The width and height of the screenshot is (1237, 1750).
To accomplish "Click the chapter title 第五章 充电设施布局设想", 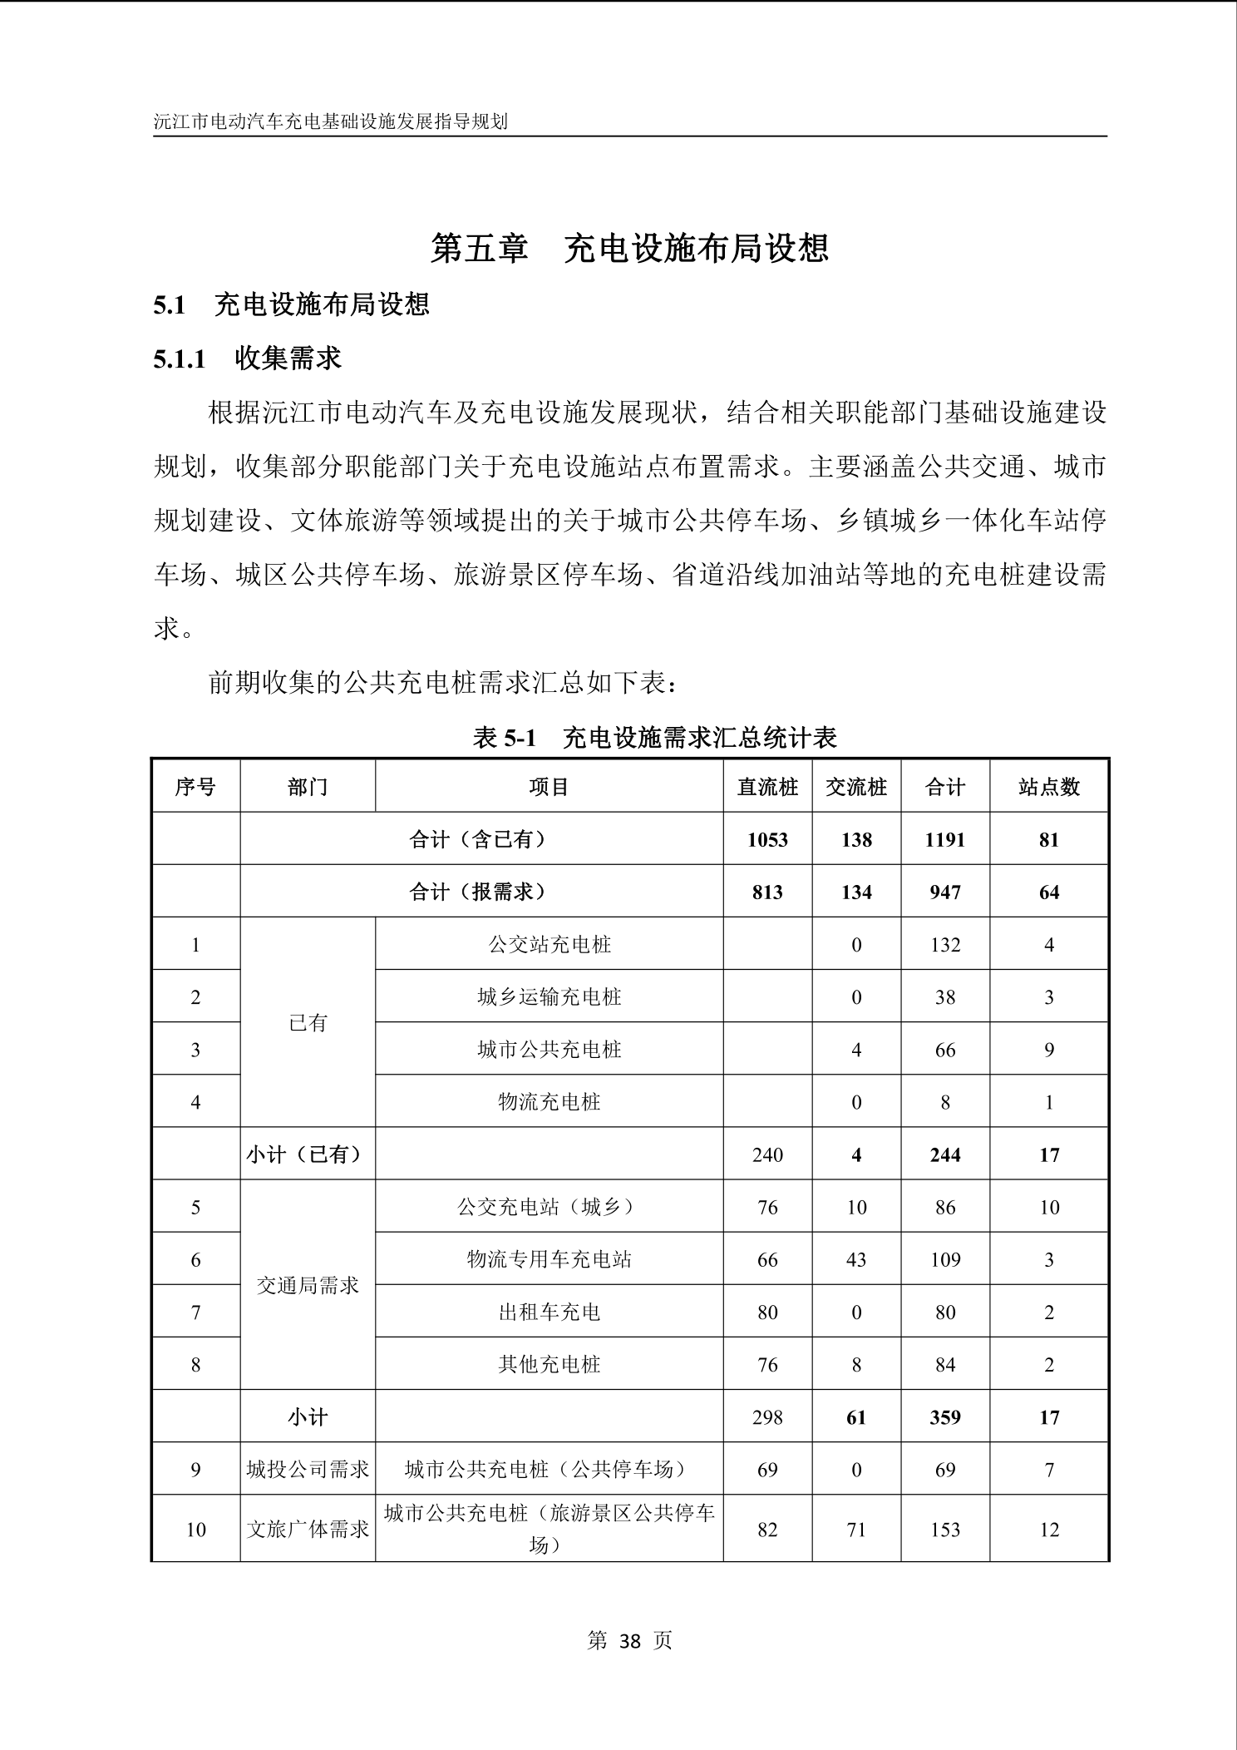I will pos(629,248).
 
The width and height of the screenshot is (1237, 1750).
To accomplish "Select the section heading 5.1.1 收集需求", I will pos(247,358).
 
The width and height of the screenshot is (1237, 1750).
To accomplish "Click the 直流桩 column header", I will pos(766,787).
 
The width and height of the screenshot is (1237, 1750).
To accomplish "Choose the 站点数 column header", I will pos(1048,787).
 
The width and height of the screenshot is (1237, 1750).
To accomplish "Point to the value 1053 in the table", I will pos(766,839).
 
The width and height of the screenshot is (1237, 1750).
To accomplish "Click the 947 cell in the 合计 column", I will pos(944,892).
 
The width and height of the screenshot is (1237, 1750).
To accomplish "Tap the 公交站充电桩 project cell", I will pos(549,944).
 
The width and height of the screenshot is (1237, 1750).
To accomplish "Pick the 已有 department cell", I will pos(308,1023).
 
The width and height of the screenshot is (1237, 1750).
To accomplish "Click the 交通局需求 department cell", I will pos(308,1285).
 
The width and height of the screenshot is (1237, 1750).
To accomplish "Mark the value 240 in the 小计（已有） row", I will pos(766,1154).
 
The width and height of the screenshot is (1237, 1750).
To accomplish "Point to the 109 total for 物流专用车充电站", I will pos(944,1259).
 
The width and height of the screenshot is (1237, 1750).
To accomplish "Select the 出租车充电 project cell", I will pos(549,1312).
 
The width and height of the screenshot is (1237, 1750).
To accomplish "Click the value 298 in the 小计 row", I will pos(766,1416).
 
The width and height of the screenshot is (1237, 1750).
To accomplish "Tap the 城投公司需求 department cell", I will pos(308,1469).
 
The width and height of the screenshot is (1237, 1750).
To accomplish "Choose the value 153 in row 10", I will pos(944,1530).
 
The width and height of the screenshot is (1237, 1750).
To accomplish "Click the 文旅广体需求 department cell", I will pos(308,1530).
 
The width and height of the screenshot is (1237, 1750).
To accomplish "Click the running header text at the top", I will pos(330,121).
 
